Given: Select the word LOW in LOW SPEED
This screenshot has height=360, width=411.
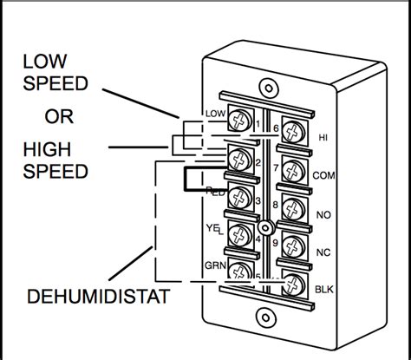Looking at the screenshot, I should click(44, 62).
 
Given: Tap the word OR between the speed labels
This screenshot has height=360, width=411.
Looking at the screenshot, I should click(58, 116).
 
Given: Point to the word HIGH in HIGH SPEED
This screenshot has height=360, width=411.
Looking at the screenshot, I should click(46, 149).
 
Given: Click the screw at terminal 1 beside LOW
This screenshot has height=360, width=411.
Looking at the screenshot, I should click(239, 122).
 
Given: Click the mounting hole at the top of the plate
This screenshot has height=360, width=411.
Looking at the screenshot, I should click(270, 88).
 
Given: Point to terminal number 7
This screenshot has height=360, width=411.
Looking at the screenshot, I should click(275, 167).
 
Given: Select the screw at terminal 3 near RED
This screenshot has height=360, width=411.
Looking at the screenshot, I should click(239, 197).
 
